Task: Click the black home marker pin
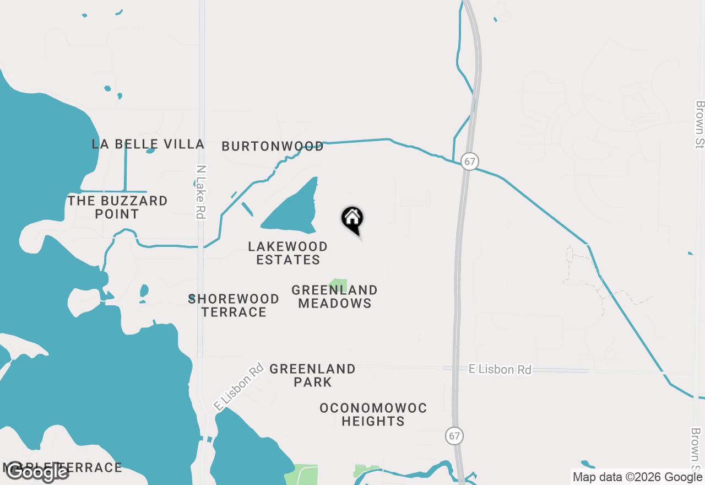pos(352,219)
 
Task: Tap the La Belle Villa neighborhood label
pos(148,144)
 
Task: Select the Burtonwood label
pos(273,146)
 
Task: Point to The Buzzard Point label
pos(117,207)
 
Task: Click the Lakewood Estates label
pos(288,253)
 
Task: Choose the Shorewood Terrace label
pos(234,305)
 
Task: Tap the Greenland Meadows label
pos(335,297)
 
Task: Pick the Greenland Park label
pos(312,375)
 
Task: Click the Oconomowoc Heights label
pos(373,414)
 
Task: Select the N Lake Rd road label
pos(201,192)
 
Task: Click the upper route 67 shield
pos(469,161)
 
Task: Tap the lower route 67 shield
pos(454,435)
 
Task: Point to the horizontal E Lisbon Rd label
pos(500,369)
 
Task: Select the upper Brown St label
pos(700,125)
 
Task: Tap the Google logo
pos(37,472)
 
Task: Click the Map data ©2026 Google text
pos(637,477)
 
